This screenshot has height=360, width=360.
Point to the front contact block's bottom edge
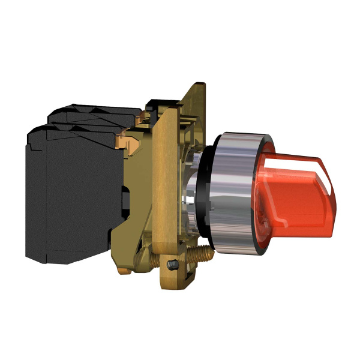[x=66, y=262]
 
